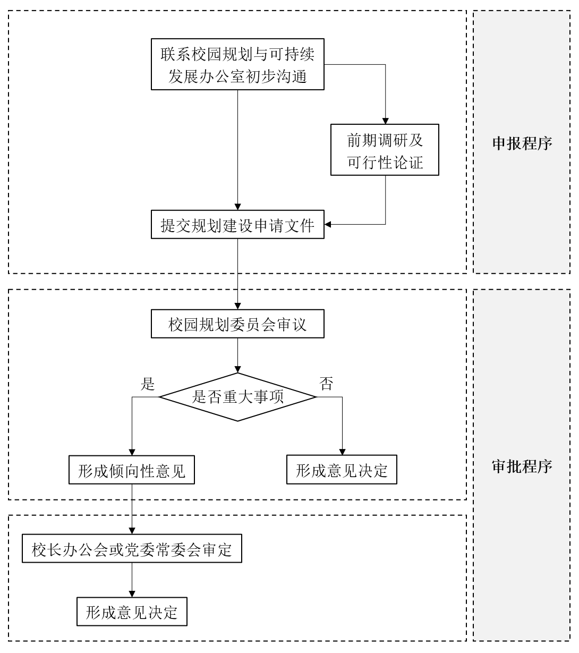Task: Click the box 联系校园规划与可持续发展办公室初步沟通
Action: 237,64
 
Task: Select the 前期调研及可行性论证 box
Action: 385,149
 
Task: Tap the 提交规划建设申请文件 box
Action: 237,225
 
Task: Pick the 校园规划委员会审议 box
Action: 237,324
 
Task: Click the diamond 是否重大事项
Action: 237,397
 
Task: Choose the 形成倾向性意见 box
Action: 131,470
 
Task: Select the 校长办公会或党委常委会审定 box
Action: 132,548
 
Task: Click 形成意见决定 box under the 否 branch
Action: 342,469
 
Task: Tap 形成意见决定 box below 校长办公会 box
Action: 132,612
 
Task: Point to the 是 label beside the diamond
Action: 148,384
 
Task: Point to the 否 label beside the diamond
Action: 326,384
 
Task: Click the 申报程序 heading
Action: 522,143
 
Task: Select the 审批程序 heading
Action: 522,467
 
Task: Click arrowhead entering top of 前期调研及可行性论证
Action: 385,121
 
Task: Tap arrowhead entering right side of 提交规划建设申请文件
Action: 328,224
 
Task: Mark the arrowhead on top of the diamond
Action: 238,369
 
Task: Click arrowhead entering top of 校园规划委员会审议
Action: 238,306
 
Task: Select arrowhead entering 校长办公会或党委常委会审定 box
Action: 132,531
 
